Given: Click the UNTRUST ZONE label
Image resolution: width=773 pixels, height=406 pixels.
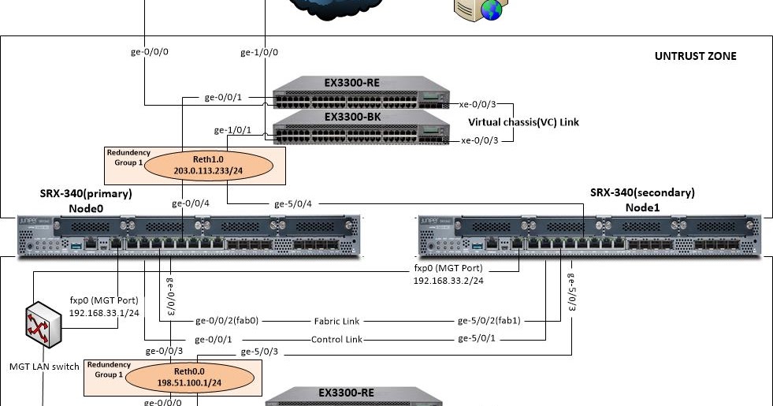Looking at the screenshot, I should (695, 56).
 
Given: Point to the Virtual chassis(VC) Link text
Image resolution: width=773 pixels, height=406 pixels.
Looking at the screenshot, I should (523, 122).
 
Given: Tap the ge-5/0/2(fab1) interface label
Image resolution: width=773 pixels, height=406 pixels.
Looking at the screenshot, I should (489, 321).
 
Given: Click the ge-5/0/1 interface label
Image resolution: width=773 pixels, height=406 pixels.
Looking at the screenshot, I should (478, 339).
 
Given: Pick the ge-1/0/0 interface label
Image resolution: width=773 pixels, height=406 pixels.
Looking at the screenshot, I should (258, 53).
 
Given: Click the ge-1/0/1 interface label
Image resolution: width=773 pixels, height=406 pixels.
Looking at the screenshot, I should (233, 130).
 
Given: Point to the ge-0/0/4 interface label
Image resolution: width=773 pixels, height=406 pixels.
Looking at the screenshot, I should (191, 203).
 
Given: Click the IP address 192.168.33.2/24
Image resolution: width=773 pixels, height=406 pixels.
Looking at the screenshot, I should (448, 280).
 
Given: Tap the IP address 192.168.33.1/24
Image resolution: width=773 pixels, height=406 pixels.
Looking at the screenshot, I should (104, 312).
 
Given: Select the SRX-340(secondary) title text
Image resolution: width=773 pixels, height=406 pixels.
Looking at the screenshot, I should (642, 192).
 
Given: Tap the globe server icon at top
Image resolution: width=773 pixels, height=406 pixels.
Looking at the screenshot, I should (480, 8).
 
